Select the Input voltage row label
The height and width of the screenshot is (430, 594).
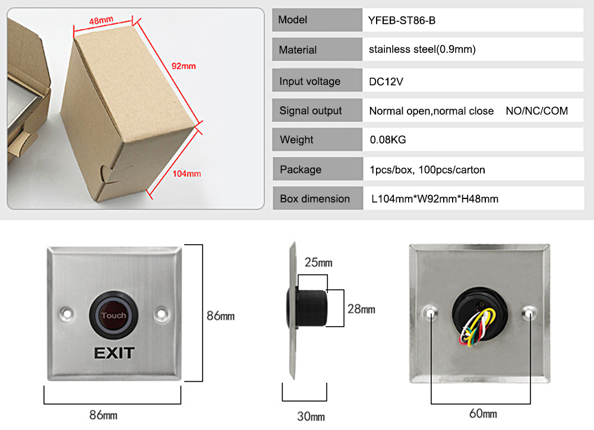tap(310, 81)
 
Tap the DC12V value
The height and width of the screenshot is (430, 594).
tap(386, 81)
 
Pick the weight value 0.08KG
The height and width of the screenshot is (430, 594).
tap(387, 140)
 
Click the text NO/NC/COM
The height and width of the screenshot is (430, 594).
tap(536, 111)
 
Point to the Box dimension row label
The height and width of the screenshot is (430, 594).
tap(315, 199)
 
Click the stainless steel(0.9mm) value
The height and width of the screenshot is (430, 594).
tap(422, 50)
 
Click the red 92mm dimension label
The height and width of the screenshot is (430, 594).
tap(184, 66)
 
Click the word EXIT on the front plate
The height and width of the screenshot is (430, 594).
tap(114, 353)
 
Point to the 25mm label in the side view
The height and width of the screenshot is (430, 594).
tap(318, 262)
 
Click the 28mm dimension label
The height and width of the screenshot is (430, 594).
tap(361, 309)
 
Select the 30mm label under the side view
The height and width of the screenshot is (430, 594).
tap(311, 416)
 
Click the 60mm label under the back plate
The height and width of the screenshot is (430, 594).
tap(482, 413)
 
